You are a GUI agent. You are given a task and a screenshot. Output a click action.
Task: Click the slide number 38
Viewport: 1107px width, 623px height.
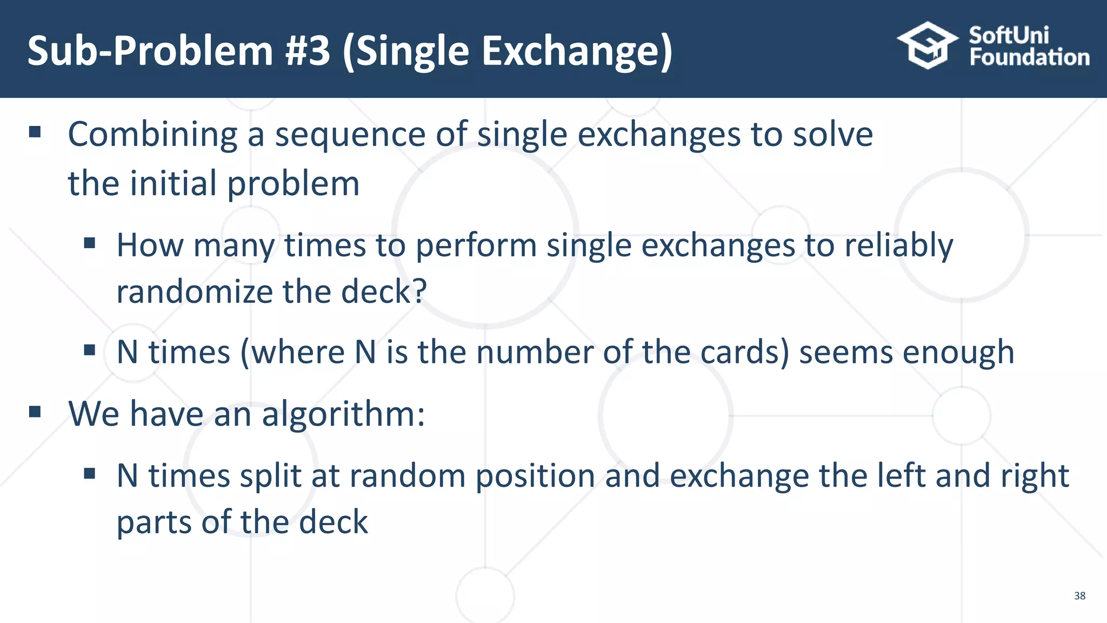(1079, 595)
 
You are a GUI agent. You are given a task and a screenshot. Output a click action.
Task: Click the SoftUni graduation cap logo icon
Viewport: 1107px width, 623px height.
(928, 45)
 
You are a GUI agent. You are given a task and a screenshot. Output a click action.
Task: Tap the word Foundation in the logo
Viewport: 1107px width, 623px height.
(1029, 57)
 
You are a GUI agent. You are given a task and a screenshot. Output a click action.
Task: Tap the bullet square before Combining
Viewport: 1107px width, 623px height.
(35, 132)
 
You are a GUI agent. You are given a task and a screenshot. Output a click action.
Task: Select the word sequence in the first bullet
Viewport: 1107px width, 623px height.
(350, 135)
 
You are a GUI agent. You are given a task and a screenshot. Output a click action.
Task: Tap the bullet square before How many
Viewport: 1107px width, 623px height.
(90, 243)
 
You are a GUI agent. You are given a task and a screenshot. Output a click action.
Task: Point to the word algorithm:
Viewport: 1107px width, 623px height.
(343, 415)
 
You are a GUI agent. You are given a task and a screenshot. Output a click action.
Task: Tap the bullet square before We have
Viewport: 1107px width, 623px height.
(35, 412)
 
